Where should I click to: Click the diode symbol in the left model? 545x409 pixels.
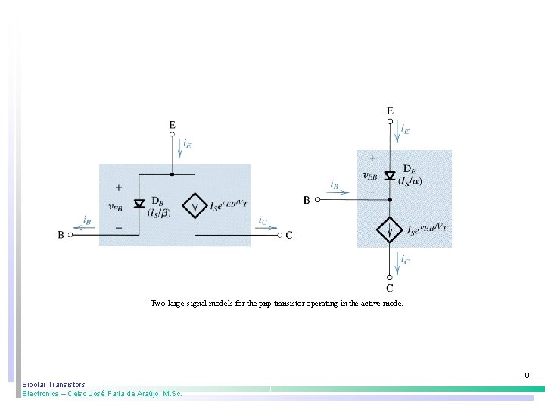[139, 204]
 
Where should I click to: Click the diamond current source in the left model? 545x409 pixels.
[195, 204]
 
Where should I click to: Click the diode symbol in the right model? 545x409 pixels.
[390, 176]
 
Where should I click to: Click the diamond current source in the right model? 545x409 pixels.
[390, 228]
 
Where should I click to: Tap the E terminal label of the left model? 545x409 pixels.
[172, 124]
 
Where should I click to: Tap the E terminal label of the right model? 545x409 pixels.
[390, 111]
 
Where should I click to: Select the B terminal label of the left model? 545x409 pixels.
[61, 236]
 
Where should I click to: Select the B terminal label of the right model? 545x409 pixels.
[307, 200]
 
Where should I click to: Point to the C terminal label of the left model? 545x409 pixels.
[289, 236]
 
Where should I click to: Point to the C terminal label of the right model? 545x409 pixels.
[390, 288]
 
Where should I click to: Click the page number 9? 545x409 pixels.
[527, 376]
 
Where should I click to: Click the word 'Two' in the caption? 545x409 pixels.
[157, 303]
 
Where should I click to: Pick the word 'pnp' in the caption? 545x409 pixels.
[265, 303]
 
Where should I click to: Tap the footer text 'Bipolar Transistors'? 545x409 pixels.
[54, 385]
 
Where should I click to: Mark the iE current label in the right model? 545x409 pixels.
[405, 130]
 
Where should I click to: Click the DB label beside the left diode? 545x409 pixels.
[157, 201]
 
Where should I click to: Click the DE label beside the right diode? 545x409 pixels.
[408, 169]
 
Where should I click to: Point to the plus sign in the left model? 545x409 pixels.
[118, 187]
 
